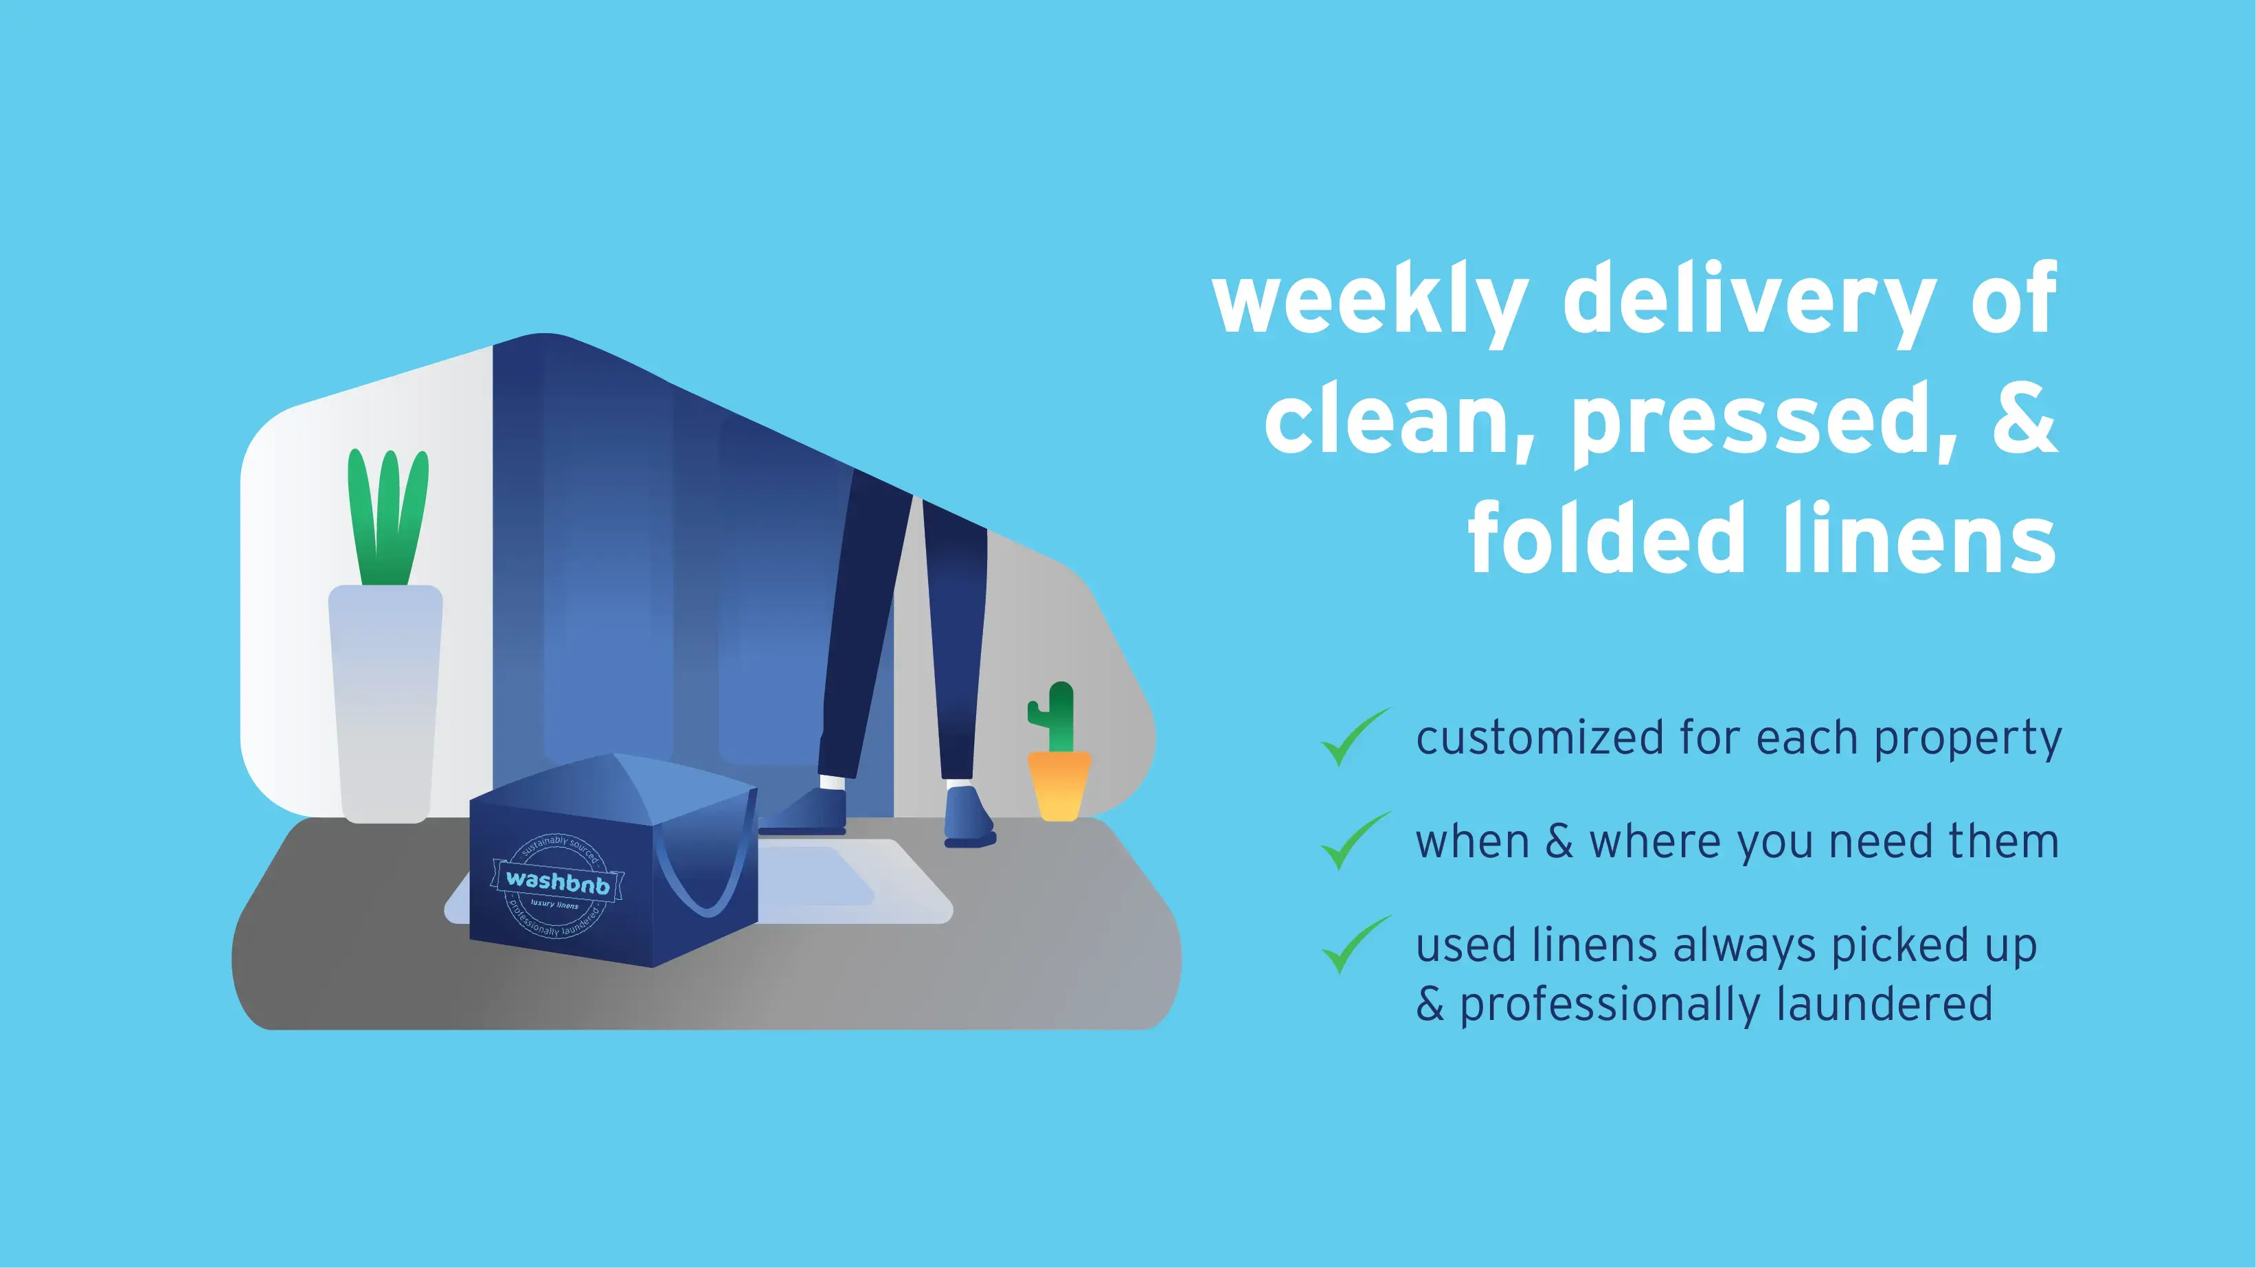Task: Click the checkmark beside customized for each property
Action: tap(1354, 738)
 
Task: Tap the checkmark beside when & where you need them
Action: tap(1354, 841)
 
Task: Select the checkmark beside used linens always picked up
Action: tap(1354, 945)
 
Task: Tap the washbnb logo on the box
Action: tap(558, 882)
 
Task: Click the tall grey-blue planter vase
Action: tap(385, 701)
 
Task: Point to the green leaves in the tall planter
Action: tap(388, 517)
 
